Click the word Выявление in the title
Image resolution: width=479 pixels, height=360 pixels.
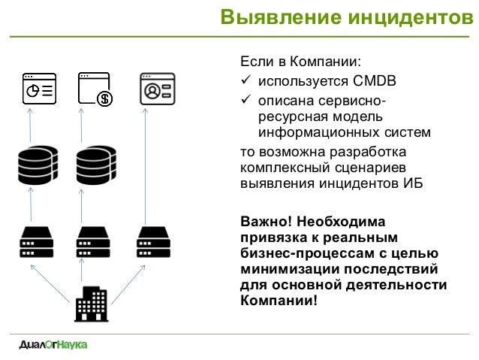pos(281,17)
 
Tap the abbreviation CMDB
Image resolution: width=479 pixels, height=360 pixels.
pos(374,81)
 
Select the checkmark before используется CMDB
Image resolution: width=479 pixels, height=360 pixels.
pos(246,80)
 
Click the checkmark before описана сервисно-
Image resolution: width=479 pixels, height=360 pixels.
pos(246,99)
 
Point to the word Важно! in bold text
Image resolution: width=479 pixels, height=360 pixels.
pos(266,222)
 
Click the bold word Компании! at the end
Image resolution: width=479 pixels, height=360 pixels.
pos(279,301)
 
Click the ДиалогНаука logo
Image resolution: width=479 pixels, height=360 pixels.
pos(53,345)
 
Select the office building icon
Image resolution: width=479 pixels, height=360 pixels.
pos(92,304)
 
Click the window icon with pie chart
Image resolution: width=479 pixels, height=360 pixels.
pos(39,89)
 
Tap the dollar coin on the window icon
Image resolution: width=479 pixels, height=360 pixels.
pos(104,98)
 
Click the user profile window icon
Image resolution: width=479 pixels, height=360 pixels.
pos(158,89)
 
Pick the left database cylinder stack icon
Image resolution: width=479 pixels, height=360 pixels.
pos(38,165)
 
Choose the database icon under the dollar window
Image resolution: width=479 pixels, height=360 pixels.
pos(96,165)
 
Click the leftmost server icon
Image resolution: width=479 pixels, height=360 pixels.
pos(37,242)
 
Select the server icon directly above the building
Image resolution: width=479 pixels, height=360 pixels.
pos(93,242)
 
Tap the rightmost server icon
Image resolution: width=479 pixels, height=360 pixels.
pos(153,242)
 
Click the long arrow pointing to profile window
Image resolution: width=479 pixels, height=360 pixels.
pos(145,166)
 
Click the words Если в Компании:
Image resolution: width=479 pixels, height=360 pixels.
pos(300,62)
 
